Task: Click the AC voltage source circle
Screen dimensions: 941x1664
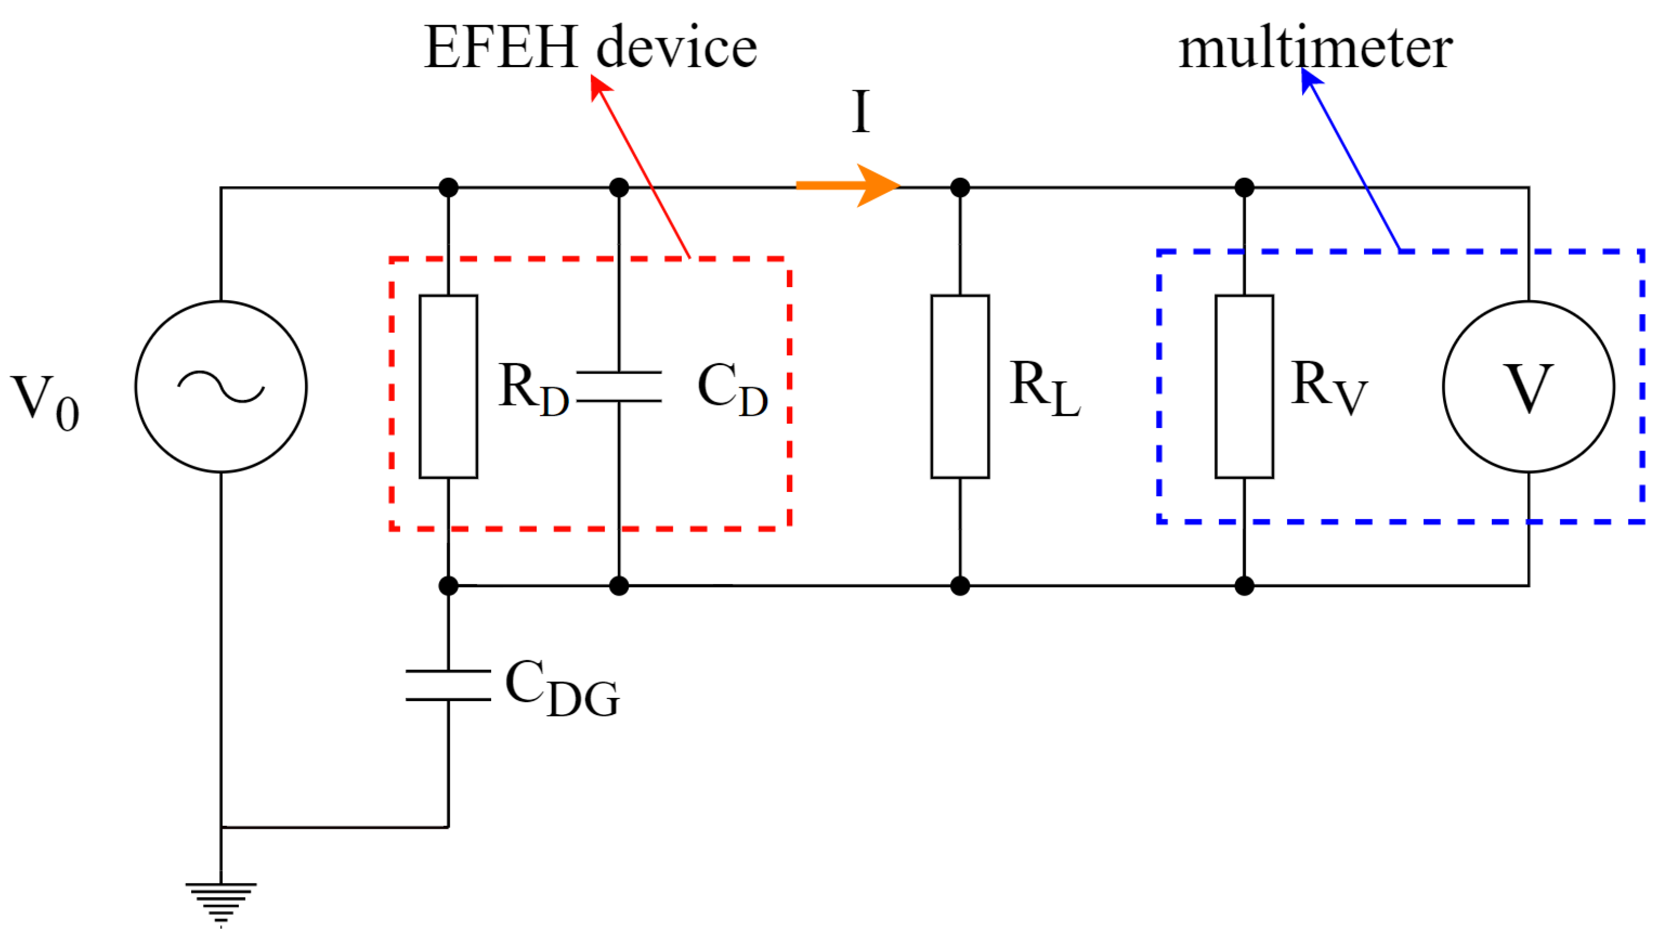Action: click(x=221, y=387)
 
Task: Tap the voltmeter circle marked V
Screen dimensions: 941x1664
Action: click(x=1528, y=387)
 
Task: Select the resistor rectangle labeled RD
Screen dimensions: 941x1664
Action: click(x=448, y=387)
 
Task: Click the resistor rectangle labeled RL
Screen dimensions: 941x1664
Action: click(x=960, y=387)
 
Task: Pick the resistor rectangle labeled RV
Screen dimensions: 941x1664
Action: click(x=1244, y=387)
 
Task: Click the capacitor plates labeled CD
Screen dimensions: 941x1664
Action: click(x=619, y=387)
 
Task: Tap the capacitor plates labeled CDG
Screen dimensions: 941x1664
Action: click(x=448, y=685)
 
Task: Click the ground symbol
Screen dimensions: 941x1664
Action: click(x=221, y=902)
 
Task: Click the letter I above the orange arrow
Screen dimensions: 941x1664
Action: click(x=860, y=111)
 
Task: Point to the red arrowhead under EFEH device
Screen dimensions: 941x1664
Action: click(x=600, y=87)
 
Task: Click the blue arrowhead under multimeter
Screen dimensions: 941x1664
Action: click(x=1310, y=80)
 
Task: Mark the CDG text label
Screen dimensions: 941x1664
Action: click(x=562, y=688)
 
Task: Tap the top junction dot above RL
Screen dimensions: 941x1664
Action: click(x=960, y=188)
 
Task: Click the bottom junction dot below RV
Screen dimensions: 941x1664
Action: click(x=1244, y=586)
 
